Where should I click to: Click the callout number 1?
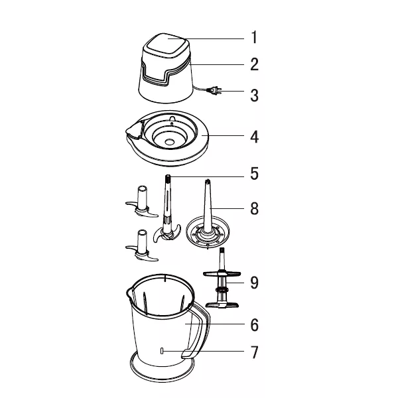coord(254,37)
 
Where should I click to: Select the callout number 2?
coord(254,65)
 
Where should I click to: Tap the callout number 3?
coord(254,96)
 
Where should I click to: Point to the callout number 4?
coord(254,137)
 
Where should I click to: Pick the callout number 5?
coord(254,175)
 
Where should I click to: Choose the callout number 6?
coord(254,325)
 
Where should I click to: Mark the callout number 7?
coord(254,353)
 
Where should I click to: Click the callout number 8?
coord(254,209)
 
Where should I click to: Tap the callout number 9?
coord(254,283)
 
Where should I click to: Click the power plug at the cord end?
coord(216,91)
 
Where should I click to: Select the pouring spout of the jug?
coord(129,292)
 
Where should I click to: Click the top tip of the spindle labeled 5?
coord(168,178)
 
